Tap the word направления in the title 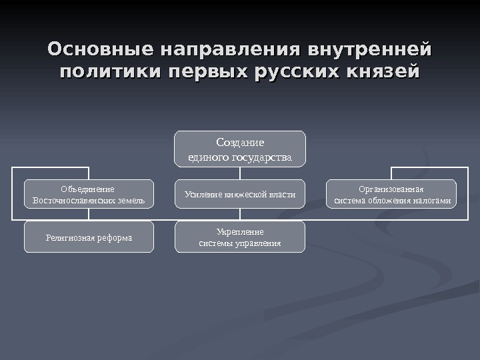[x=225, y=50]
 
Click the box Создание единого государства [x=240, y=149]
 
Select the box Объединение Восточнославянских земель [x=89, y=194]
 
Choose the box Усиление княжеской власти [x=240, y=194]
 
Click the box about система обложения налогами [x=391, y=194]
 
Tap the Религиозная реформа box [x=89, y=237]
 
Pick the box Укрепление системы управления [x=240, y=237]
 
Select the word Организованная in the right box [x=391, y=189]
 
